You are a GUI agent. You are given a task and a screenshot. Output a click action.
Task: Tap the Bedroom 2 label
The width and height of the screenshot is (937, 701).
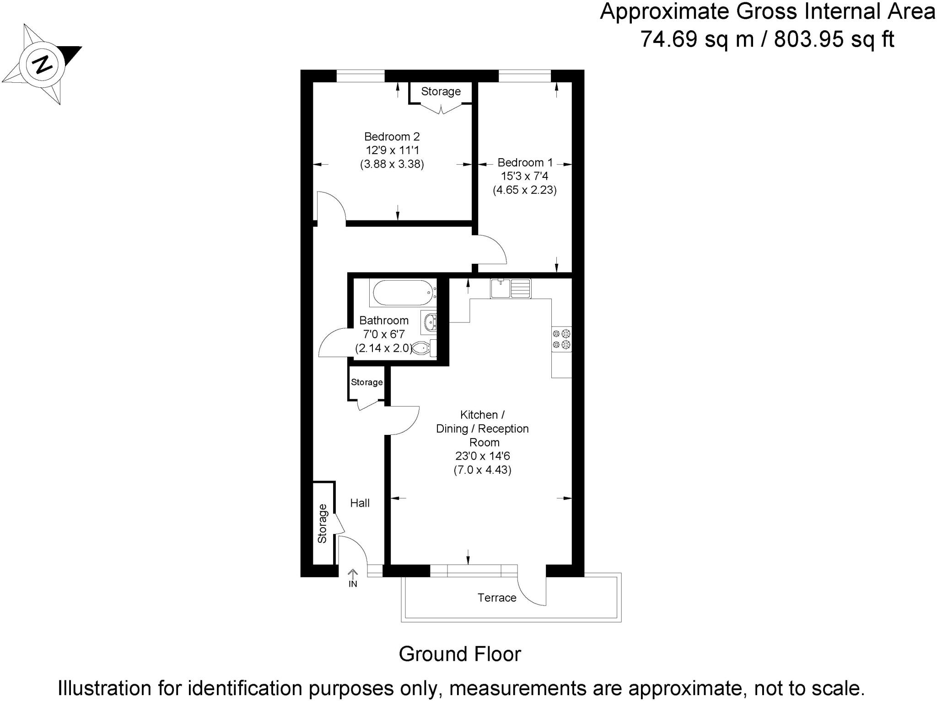click(x=392, y=136)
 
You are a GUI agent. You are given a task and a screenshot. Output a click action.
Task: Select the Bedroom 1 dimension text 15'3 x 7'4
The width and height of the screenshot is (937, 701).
click(x=524, y=176)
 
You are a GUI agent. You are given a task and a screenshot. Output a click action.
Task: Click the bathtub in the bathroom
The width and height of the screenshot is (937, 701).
click(x=402, y=292)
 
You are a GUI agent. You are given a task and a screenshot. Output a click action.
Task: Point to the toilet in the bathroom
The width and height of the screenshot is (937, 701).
click(x=422, y=348)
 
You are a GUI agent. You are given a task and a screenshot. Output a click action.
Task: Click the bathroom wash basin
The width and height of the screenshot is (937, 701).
click(x=430, y=322)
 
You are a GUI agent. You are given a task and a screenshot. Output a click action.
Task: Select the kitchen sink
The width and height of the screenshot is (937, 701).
click(x=511, y=289)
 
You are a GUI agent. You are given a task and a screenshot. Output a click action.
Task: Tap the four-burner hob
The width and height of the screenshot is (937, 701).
click(x=561, y=339)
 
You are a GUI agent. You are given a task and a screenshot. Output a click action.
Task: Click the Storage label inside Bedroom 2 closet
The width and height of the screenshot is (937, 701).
click(x=441, y=91)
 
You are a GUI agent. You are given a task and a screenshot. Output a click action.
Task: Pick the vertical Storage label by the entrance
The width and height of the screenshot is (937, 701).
click(x=323, y=523)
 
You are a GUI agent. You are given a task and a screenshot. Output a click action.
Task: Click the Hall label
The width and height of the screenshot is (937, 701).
click(x=360, y=503)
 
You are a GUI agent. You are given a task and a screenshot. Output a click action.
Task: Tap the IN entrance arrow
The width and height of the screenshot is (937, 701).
click(x=353, y=578)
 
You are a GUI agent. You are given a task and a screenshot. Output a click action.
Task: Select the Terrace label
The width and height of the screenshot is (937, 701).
click(x=497, y=598)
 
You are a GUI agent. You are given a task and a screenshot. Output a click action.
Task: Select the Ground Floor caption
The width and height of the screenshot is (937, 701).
click(x=459, y=654)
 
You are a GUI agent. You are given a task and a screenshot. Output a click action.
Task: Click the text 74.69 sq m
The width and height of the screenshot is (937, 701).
click(x=696, y=39)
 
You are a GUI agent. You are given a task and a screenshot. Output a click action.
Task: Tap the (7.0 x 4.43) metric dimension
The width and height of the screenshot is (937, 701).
click(x=482, y=470)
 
